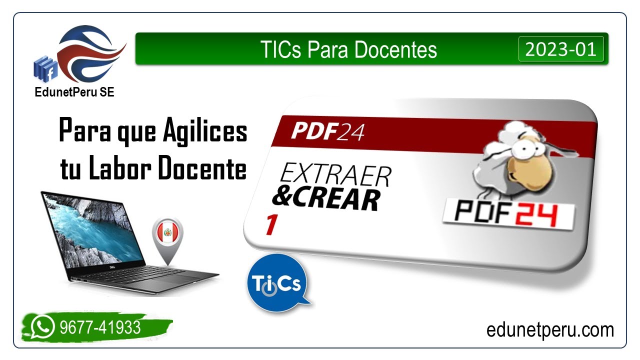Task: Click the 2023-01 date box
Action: click(560, 49)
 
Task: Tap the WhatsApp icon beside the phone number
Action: click(42, 327)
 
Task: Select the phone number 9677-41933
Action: click(100, 327)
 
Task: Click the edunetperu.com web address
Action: click(550, 330)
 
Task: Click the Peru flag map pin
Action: click(167, 235)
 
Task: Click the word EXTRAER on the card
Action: click(335, 176)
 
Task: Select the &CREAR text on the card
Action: click(325, 199)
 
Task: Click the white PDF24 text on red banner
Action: click(328, 131)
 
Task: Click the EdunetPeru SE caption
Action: click(74, 92)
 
